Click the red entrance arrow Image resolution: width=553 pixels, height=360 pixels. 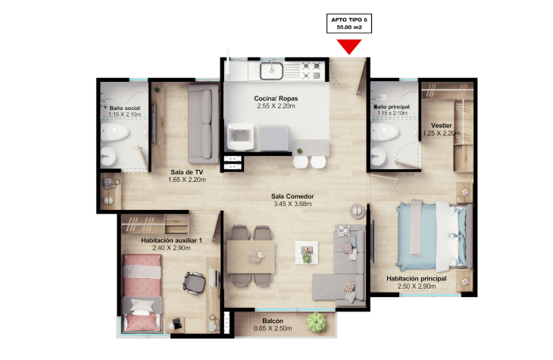point(349,46)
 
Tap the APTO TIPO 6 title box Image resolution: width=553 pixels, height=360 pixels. point(349,23)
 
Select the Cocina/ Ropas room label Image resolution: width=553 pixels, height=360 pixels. point(276,99)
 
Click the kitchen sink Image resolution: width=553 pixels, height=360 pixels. point(271,70)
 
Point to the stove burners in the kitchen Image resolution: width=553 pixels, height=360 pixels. point(311,70)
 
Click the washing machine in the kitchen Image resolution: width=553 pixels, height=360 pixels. point(240,136)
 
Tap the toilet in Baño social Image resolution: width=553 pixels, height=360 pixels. point(114,132)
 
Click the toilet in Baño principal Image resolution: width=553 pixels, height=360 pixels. point(384,132)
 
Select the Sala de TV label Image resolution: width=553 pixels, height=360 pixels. point(186,172)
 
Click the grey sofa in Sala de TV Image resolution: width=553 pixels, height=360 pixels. point(203,124)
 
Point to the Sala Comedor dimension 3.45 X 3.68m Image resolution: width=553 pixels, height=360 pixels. point(292,204)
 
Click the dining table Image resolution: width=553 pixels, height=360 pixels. point(251,257)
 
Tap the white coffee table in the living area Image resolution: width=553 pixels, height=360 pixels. point(307,252)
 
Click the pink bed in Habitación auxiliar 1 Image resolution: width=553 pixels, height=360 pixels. point(142,293)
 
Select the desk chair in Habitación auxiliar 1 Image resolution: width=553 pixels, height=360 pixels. point(194,283)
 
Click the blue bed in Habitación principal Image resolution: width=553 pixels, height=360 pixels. point(435,236)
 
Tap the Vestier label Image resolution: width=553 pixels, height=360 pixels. point(441,125)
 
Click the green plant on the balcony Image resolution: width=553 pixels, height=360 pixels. point(317,322)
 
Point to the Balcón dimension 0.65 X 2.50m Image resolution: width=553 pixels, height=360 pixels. point(273,329)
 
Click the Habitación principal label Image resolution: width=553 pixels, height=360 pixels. point(417,278)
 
